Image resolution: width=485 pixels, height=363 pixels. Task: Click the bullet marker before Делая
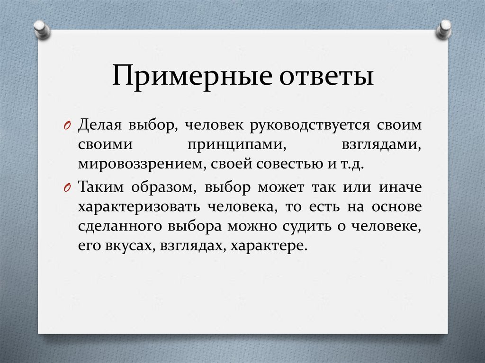click(67, 126)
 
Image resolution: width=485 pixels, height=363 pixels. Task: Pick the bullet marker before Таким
click(67, 187)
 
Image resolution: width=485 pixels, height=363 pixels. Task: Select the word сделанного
click(120, 226)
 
